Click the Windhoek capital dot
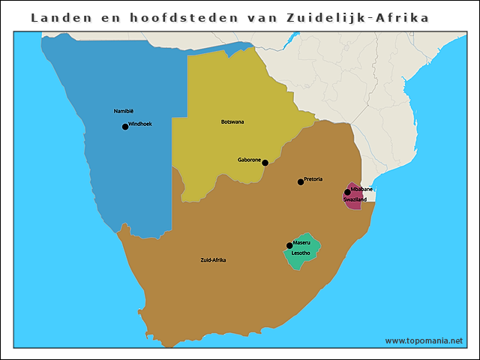click(x=125, y=127)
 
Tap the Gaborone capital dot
click(x=265, y=163)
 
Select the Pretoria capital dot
click(x=301, y=181)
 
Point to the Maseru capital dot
click(x=289, y=245)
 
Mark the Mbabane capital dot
click(x=347, y=192)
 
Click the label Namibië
click(x=123, y=111)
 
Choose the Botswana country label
click(x=232, y=121)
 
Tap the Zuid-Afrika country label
click(x=213, y=260)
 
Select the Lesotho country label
click(x=301, y=253)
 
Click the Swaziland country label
click(x=355, y=200)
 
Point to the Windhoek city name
click(x=140, y=124)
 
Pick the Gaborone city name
click(x=249, y=160)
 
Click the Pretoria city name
click(x=313, y=179)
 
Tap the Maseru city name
click(x=302, y=242)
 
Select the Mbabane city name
click(x=361, y=190)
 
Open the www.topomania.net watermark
click(x=424, y=340)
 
